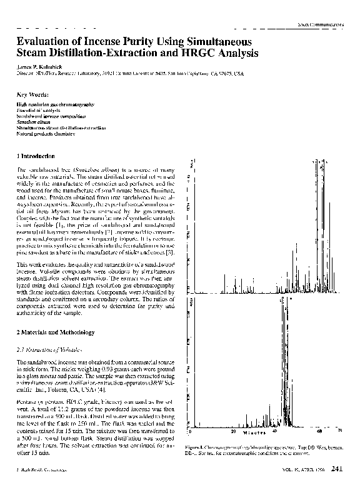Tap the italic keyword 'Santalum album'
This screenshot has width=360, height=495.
[x=34, y=122]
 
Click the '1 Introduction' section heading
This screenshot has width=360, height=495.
[x=37, y=155]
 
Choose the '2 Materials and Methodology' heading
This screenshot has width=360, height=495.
[x=55, y=332]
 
